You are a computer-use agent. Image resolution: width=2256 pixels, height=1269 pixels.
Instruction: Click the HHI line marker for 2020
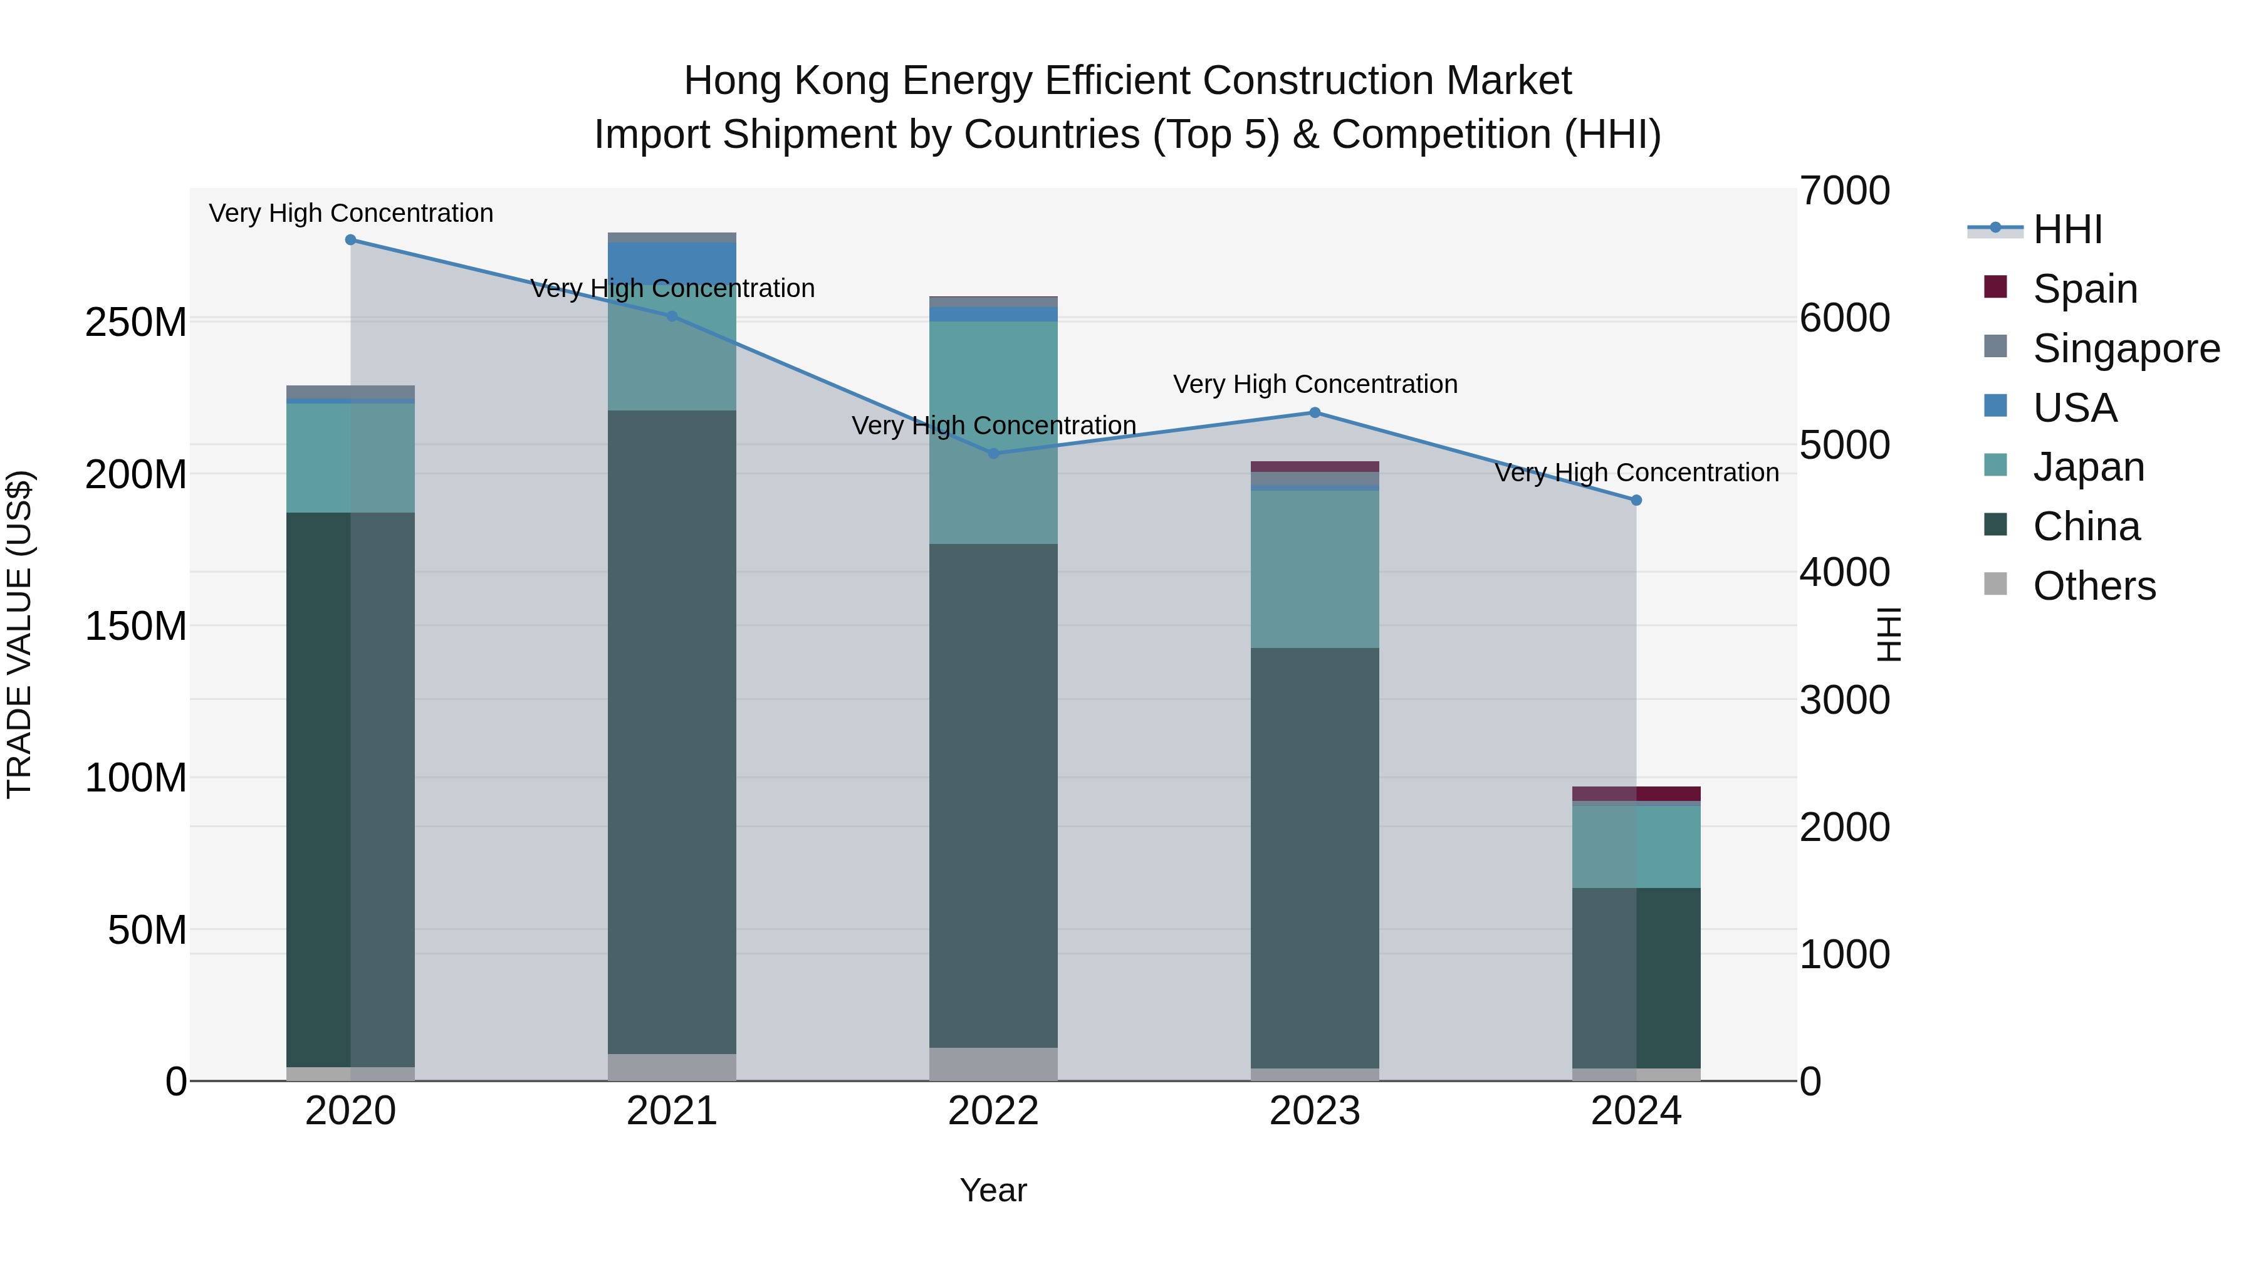[x=350, y=240]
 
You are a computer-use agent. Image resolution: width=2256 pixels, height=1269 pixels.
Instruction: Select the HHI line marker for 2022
[x=993, y=454]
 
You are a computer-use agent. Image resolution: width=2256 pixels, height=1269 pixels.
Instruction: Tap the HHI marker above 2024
[x=1636, y=500]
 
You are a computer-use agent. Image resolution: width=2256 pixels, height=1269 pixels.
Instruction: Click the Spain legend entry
[x=2084, y=289]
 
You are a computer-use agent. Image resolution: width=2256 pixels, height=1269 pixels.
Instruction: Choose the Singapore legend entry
[x=2126, y=348]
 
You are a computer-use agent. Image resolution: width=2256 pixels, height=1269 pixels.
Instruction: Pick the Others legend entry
[x=2093, y=586]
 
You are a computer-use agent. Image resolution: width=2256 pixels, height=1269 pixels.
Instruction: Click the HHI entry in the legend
[x=2067, y=229]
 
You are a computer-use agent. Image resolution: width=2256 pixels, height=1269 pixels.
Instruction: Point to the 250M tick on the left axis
[x=136, y=323]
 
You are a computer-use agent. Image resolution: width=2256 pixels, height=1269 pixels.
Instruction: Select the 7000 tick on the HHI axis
[x=1844, y=192]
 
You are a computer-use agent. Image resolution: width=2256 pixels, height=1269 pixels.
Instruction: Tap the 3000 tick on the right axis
[x=1844, y=701]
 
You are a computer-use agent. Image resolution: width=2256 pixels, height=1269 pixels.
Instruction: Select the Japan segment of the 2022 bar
[x=993, y=432]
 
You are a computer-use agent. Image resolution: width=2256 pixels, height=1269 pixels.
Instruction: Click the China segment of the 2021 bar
[x=672, y=731]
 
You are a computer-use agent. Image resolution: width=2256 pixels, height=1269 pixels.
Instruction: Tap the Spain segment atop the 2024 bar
[x=1636, y=793]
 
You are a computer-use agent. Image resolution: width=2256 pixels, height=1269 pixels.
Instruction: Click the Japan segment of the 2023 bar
[x=1315, y=569]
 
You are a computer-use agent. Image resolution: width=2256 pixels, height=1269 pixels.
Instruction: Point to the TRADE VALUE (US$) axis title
[x=19, y=634]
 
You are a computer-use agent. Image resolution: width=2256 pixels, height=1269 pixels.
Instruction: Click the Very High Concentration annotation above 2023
[x=1315, y=385]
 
